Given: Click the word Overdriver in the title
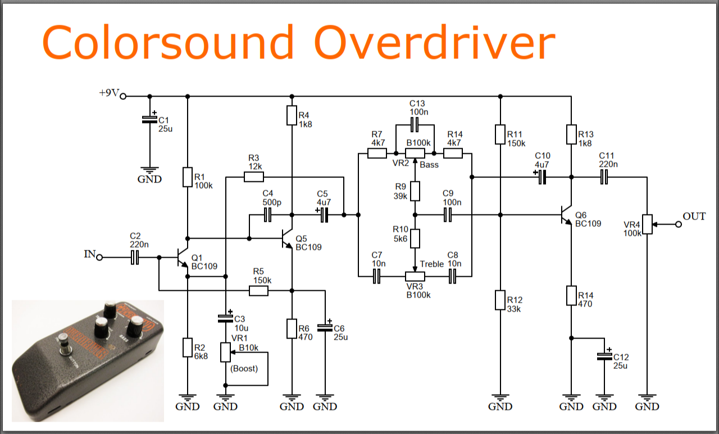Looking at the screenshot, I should (434, 43).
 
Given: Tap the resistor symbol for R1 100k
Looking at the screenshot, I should (188, 177).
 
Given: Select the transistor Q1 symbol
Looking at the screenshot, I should (183, 258).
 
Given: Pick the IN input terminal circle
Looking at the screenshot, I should (99, 258).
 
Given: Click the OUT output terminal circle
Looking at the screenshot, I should (679, 225).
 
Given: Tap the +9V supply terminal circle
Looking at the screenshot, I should (123, 96).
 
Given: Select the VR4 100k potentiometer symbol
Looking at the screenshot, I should (647, 224).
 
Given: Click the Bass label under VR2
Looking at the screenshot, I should (429, 165).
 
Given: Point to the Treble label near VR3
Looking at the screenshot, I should (431, 264).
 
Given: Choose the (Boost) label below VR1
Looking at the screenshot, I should (244, 368).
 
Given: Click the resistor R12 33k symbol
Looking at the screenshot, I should (500, 300).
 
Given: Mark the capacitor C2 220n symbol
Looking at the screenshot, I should (135, 258).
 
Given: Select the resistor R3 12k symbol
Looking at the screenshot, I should (254, 177).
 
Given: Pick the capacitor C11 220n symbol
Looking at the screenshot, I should (604, 177).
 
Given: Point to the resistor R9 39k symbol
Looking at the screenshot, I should (415, 191).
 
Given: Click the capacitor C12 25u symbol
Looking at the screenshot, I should (604, 356).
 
